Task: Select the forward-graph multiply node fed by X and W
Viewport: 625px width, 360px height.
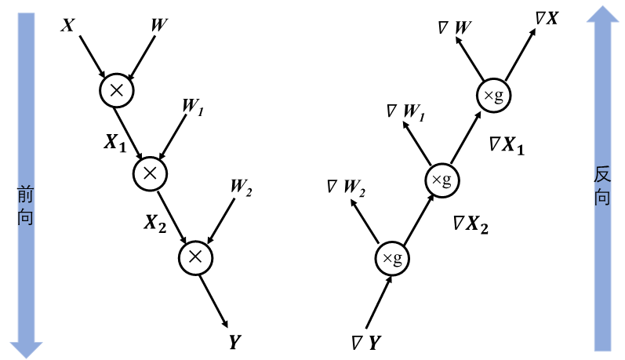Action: [x=117, y=90]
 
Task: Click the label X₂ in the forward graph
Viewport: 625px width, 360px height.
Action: [x=154, y=224]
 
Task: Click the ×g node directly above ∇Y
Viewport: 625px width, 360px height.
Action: [x=392, y=258]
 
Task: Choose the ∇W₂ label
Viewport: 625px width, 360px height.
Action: [x=347, y=188]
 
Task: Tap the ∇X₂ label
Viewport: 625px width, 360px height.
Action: [x=471, y=225]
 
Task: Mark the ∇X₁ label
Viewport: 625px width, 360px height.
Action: [x=506, y=144]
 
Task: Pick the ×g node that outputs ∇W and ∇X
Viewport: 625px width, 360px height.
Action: [x=494, y=96]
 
